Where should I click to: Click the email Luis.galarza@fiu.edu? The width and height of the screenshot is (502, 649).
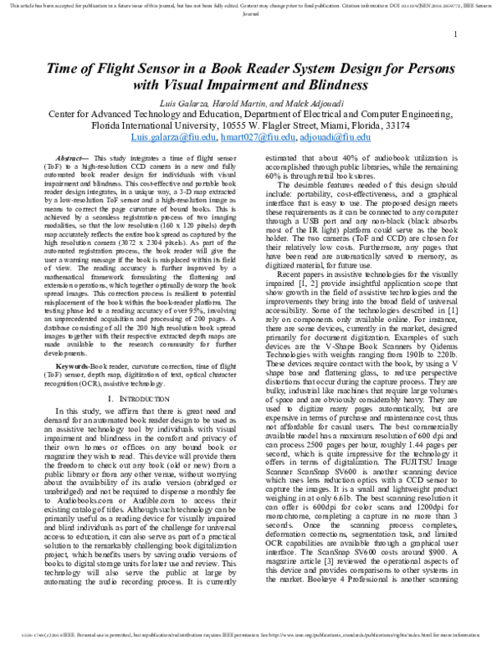[x=174, y=137]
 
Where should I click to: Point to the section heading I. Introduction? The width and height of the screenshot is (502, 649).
[x=132, y=401]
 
